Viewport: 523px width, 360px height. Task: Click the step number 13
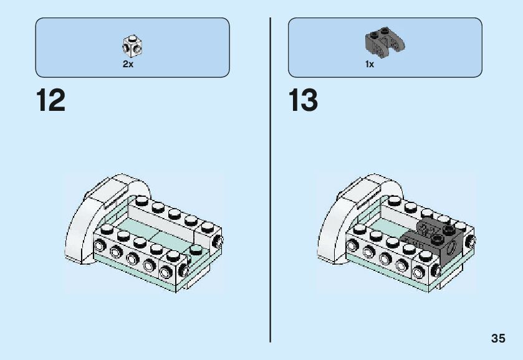[x=303, y=100]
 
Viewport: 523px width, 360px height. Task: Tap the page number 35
[x=497, y=339]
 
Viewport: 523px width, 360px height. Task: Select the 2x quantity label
[x=128, y=64]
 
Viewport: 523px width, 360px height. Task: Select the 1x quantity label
[x=370, y=64]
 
